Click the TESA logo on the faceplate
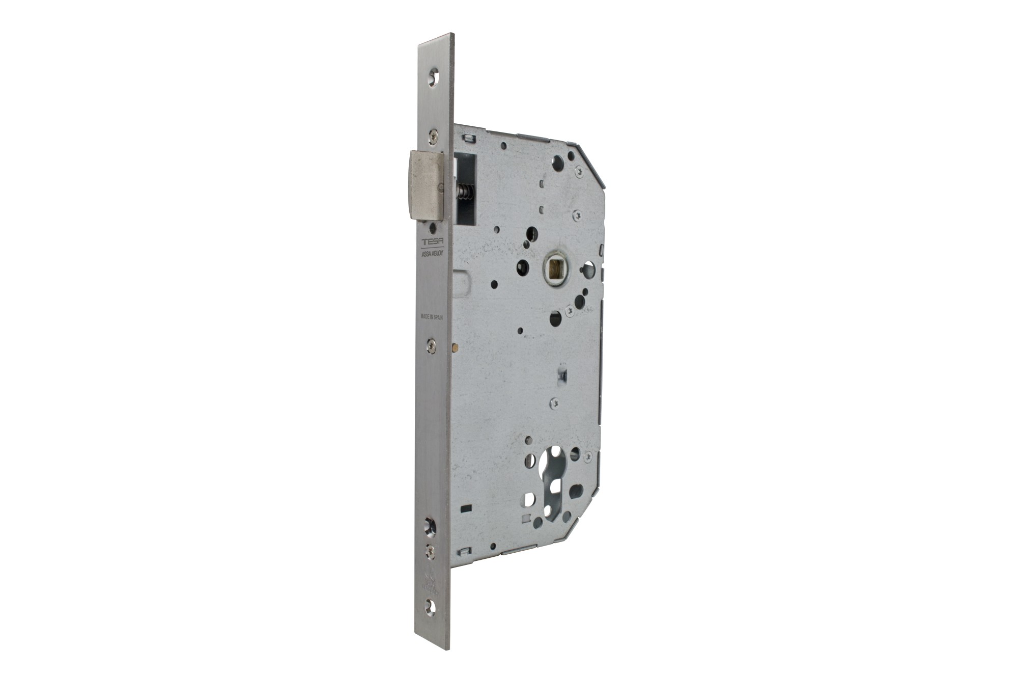click(x=432, y=241)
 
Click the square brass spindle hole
click(x=555, y=267)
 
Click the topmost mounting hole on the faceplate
click(x=433, y=76)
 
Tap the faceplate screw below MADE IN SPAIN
click(x=432, y=345)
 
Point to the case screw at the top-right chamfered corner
click(x=579, y=172)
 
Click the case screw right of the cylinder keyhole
click(x=589, y=455)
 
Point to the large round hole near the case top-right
click(x=558, y=163)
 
